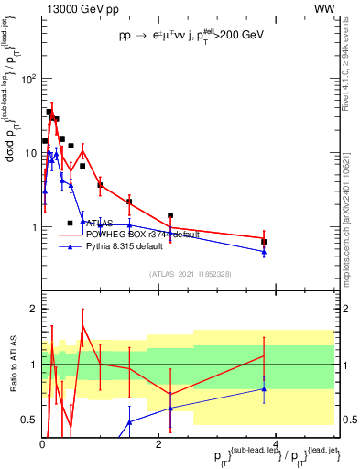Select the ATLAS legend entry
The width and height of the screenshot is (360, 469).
(x=101, y=223)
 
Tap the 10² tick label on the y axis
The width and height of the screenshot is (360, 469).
(x=27, y=78)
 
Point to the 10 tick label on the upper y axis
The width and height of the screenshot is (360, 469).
(x=29, y=152)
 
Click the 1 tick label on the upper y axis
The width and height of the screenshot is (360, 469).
(x=33, y=227)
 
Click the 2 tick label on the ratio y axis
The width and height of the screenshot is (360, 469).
(x=33, y=309)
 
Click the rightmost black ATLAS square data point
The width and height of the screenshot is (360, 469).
(x=264, y=242)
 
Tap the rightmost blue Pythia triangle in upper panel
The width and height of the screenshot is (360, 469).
(x=264, y=252)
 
